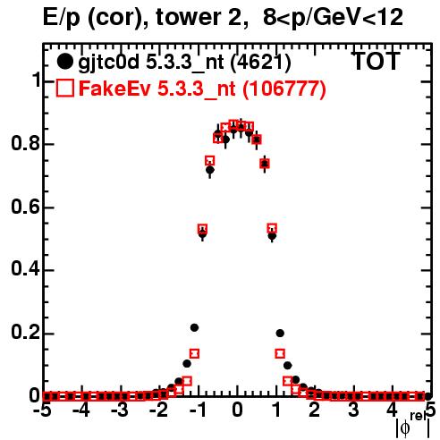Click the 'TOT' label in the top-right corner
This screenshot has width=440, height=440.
point(376,62)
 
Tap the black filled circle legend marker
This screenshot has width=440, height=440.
point(64,62)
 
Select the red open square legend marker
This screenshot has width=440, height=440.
point(64,88)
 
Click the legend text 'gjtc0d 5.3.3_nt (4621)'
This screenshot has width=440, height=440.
point(184,63)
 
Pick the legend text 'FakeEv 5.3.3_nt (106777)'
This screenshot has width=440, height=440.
point(202,89)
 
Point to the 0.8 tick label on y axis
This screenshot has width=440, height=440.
point(25,143)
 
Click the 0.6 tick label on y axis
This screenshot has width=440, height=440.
point(25,207)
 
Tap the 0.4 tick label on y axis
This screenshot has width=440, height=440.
point(25,269)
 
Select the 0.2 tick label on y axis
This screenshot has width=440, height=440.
point(25,333)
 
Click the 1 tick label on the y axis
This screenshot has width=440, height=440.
point(36,80)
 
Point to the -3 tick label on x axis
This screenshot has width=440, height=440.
point(120,410)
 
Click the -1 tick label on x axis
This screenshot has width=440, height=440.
point(198,410)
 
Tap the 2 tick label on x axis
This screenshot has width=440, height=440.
point(315,410)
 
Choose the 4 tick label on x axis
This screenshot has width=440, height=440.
point(393,410)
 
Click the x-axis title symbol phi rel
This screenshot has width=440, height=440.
point(413,425)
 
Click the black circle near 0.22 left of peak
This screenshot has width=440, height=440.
point(194,328)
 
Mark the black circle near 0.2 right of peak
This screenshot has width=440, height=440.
point(280,334)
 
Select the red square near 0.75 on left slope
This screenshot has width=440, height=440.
point(210,161)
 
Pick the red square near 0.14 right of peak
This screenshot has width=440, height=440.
point(280,354)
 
